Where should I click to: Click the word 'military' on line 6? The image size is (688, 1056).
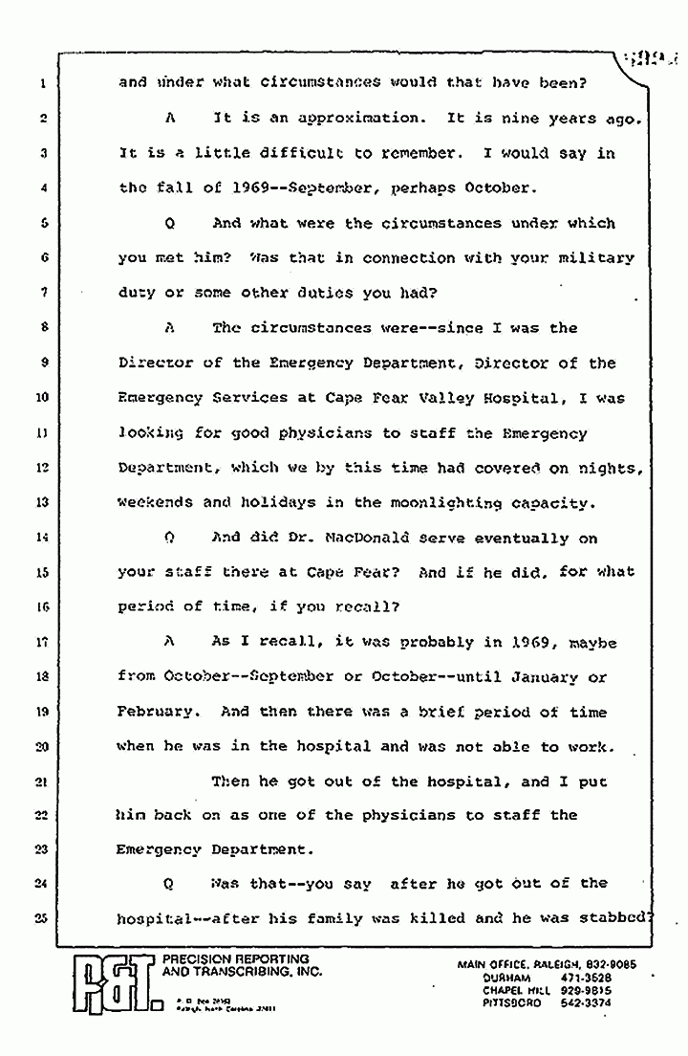coord(597,258)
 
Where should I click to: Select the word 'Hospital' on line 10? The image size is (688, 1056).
coord(538,398)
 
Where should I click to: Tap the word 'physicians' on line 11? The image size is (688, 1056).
coord(329,432)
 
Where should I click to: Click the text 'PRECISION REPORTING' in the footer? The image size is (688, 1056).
coord(237,959)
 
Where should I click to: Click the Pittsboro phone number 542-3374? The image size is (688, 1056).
coord(582,1003)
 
